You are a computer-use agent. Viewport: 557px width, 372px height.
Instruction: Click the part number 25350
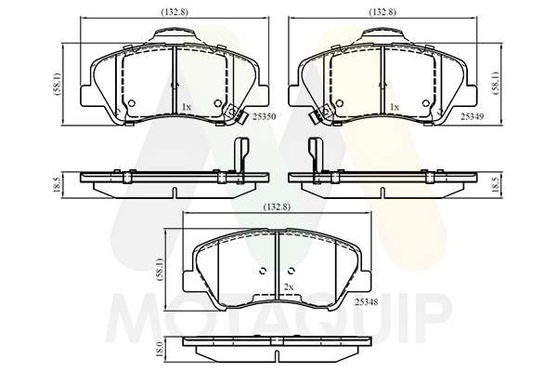click(x=264, y=116)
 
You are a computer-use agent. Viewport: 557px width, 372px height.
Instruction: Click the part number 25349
click(x=473, y=116)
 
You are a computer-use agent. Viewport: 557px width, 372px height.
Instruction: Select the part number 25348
click(x=367, y=302)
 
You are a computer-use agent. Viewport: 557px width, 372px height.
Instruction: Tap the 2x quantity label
click(x=289, y=286)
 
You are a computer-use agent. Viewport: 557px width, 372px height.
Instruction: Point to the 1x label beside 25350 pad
click(x=187, y=106)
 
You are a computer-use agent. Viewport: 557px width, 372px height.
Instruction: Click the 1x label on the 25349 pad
click(x=395, y=106)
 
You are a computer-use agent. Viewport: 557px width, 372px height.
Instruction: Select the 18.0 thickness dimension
click(x=160, y=349)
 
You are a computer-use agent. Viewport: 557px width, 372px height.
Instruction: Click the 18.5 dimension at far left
click(x=57, y=185)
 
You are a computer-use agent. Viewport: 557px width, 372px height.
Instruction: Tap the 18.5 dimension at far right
click(x=497, y=185)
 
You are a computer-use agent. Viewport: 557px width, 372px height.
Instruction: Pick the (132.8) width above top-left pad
click(x=175, y=12)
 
